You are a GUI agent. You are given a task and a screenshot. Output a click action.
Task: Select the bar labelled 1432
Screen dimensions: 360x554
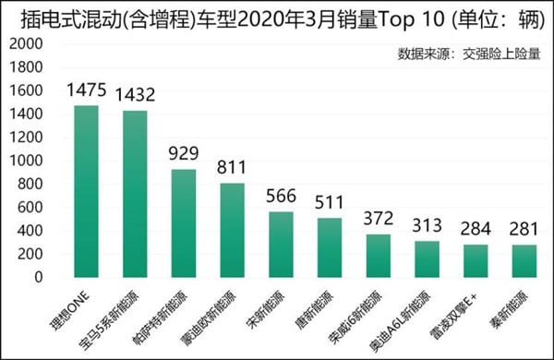[x=135, y=194]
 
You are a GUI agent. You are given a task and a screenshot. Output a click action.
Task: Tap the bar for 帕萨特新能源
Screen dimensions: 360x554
[x=184, y=222]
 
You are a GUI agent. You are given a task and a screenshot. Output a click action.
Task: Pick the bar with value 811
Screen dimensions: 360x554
[x=233, y=230]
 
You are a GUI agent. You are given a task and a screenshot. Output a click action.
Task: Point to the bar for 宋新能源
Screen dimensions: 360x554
[x=281, y=244]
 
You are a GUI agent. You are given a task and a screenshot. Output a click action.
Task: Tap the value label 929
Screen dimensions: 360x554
[x=184, y=154]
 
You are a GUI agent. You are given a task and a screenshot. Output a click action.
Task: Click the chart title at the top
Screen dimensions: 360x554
[x=276, y=17]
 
